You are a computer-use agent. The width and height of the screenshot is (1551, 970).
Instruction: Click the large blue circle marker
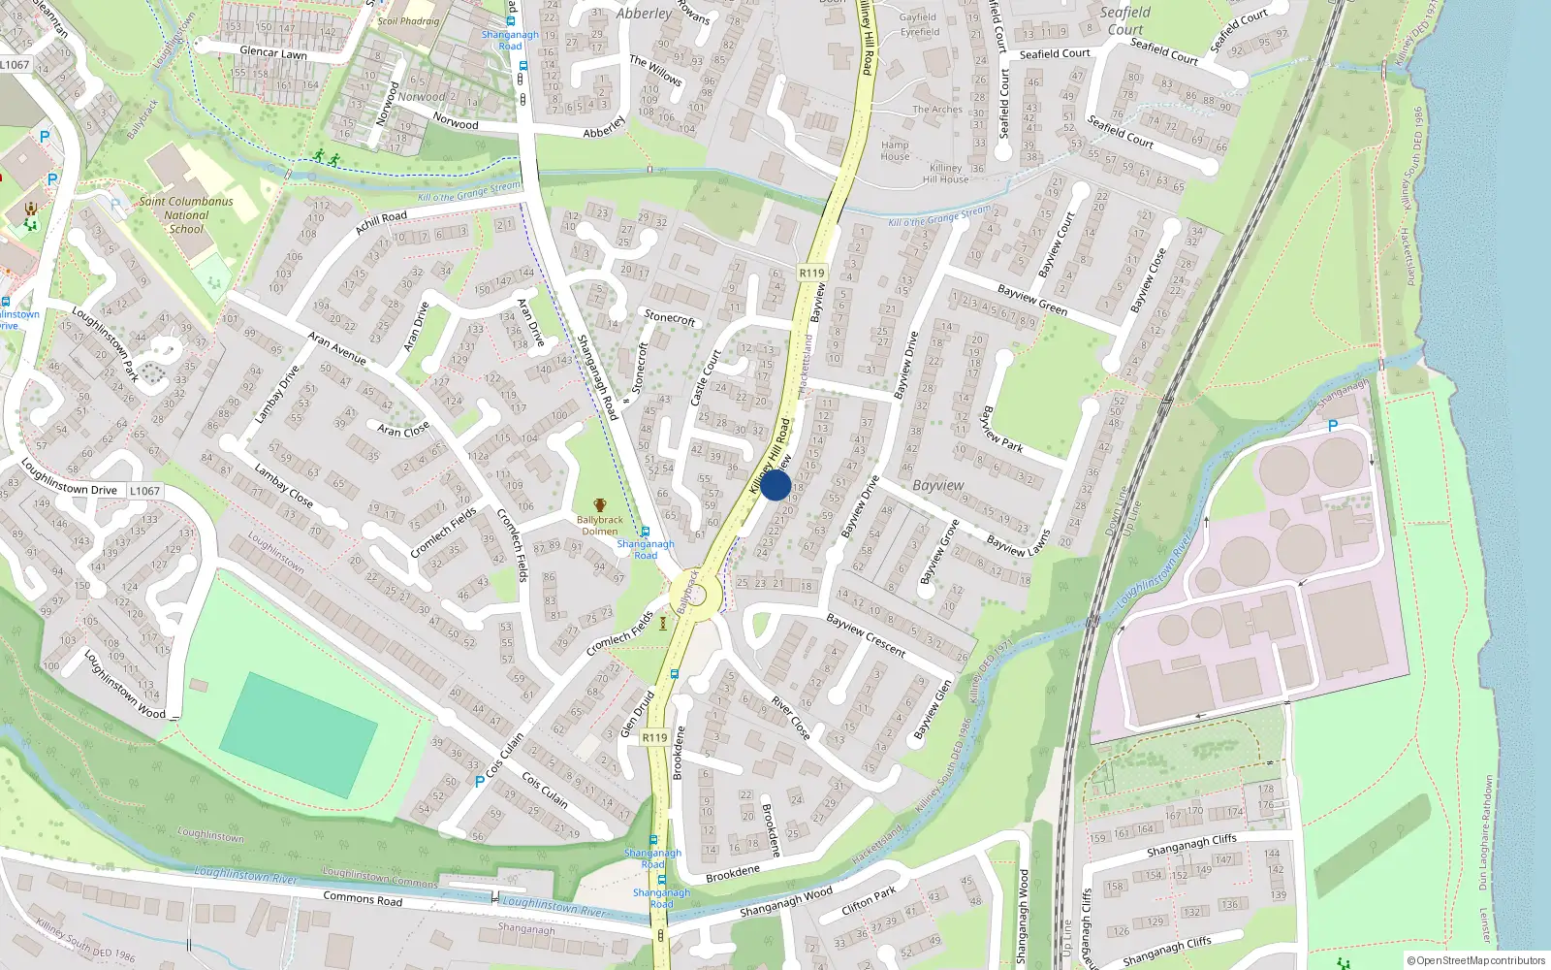point(775,485)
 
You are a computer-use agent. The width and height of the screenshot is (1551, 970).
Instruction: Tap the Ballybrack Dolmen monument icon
point(600,505)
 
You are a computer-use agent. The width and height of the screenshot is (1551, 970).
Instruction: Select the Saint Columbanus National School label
point(186,215)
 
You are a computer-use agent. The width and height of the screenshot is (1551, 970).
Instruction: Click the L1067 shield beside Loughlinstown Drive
point(144,491)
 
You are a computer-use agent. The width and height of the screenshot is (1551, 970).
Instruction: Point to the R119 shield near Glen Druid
point(655,737)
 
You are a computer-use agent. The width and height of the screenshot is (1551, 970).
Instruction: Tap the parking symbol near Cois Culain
point(479,781)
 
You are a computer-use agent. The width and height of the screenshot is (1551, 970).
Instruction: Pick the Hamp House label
point(895,150)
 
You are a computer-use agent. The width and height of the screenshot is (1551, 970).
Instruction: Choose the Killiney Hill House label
point(945,174)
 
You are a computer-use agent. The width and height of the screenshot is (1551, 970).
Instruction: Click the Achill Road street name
point(381,223)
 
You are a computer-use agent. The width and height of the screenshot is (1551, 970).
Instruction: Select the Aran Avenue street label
point(336,348)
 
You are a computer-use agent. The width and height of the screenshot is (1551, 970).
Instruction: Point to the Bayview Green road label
point(1032,300)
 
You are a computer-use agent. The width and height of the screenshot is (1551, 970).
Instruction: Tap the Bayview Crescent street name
point(866,635)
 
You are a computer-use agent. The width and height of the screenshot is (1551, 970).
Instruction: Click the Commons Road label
point(363,899)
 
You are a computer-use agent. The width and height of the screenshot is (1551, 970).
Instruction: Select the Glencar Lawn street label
point(273,52)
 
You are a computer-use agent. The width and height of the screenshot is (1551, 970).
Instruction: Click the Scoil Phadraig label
point(408,20)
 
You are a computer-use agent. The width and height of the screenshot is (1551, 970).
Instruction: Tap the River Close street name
point(790,718)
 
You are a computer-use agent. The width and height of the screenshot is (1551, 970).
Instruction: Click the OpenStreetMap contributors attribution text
point(1475,960)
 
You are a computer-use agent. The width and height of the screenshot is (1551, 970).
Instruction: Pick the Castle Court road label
point(706,377)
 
